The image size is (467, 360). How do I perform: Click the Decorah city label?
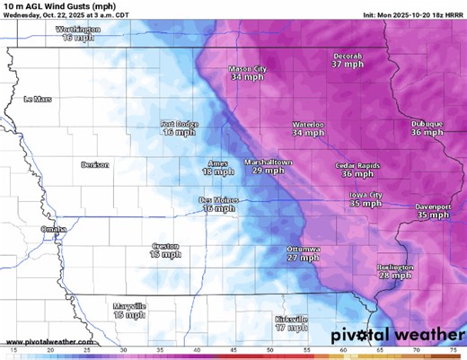click(348, 56)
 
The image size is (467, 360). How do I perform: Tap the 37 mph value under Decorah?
click(348, 65)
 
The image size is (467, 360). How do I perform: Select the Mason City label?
click(248, 69)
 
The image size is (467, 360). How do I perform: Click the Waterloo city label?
click(308, 124)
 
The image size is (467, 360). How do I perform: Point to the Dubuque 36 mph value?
click(427, 132)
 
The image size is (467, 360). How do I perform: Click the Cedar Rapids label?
click(357, 165)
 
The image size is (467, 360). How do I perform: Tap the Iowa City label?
click(366, 195)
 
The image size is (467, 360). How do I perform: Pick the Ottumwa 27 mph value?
click(304, 258)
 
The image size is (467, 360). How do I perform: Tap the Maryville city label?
click(129, 306)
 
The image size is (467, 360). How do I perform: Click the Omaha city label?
click(53, 229)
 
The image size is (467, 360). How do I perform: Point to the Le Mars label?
click(39, 99)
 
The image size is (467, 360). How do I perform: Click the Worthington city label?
click(78, 29)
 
